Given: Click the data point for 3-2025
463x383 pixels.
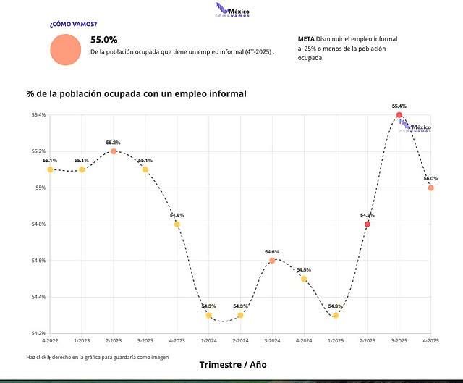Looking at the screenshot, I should click(x=399, y=115).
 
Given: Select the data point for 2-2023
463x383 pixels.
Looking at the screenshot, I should click(x=114, y=151).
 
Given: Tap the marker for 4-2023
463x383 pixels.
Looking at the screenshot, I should click(x=177, y=224).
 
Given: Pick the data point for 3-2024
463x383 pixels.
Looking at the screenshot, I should click(x=272, y=261).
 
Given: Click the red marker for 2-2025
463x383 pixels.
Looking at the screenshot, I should click(x=368, y=224).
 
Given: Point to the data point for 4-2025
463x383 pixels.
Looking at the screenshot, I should click(x=430, y=188).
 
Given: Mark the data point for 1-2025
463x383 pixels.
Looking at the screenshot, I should click(x=336, y=315).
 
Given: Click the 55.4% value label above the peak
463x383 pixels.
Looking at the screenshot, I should click(x=399, y=106).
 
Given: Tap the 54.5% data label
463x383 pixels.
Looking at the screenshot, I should click(x=304, y=269).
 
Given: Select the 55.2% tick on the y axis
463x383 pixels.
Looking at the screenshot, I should click(x=38, y=151).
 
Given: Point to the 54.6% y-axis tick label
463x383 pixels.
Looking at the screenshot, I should click(x=38, y=261).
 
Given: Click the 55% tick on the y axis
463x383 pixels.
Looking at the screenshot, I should click(x=41, y=188).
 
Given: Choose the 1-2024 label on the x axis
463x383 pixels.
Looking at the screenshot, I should click(x=208, y=340).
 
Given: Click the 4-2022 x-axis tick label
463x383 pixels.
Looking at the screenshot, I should click(x=50, y=340).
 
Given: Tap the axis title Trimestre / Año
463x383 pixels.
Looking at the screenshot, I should click(x=232, y=364).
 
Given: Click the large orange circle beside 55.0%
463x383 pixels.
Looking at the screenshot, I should click(x=66, y=49).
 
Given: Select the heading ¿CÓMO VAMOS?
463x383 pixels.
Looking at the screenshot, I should click(x=73, y=24).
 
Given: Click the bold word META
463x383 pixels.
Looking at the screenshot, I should click(x=306, y=38).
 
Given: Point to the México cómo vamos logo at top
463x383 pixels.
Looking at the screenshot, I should click(x=232, y=9).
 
